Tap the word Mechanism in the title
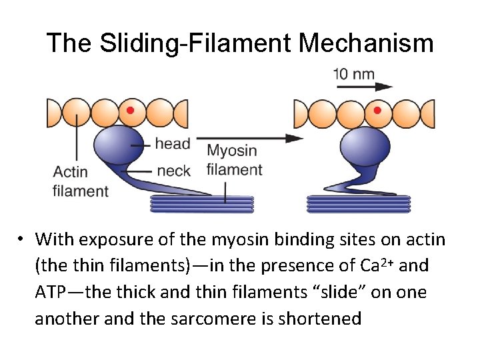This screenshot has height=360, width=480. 367,44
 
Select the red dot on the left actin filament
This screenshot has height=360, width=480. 131,110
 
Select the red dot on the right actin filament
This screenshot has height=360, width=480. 377,110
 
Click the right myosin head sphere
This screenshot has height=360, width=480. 365,149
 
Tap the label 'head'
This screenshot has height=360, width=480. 173,143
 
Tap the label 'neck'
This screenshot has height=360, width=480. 173,171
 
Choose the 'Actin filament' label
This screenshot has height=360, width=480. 80,181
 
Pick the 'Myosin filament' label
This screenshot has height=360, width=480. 234,160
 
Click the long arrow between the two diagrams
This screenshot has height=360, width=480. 253,139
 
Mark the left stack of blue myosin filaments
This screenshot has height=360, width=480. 202,203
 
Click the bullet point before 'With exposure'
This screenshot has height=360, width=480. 22,239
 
